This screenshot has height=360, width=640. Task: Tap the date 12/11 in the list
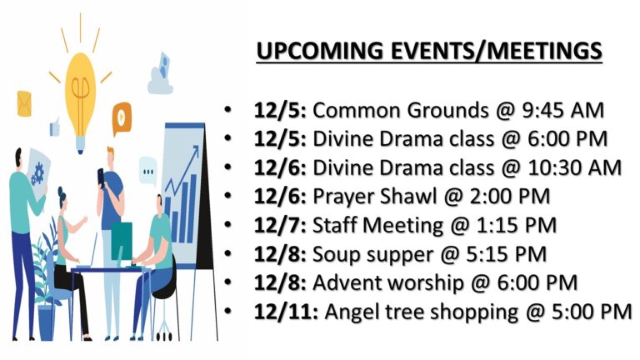coord(285,312)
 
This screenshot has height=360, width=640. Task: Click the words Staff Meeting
coord(377,226)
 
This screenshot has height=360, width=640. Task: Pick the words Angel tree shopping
coord(421,312)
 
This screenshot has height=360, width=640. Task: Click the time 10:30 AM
coord(575,168)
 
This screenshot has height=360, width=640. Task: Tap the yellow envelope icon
coord(24,103)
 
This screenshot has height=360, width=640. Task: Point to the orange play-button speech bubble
coord(122,118)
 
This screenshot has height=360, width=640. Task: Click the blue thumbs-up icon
coord(55,127)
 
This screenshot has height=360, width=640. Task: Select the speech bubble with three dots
coord(147,171)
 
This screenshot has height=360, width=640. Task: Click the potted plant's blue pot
coord(46,322)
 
